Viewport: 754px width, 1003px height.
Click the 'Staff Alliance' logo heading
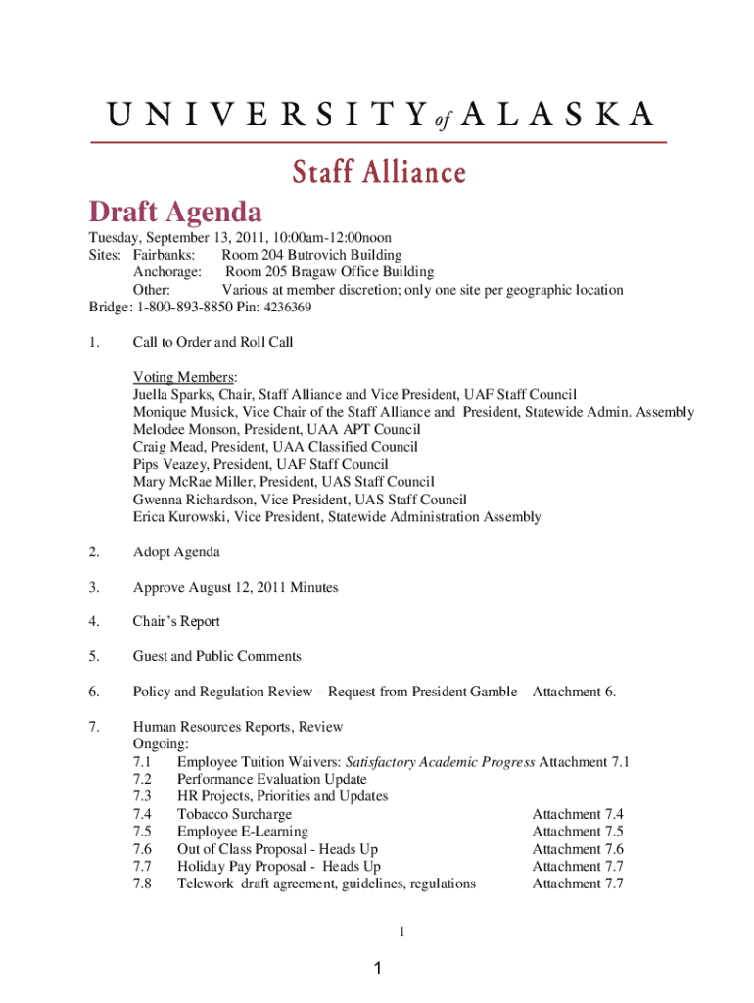pos(378,173)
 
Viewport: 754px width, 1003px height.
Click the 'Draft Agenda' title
pos(175,212)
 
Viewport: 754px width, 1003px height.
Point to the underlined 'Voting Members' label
pos(184,377)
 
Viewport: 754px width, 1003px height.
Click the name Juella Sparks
pos(174,395)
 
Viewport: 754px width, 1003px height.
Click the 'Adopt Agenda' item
pos(176,552)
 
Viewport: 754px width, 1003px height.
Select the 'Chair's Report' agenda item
pos(176,622)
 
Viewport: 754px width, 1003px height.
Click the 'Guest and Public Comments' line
pos(216,657)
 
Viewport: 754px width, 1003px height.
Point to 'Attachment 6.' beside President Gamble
pos(574,693)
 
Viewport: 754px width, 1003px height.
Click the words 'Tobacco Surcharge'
pos(234,814)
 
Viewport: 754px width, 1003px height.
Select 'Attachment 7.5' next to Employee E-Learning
pos(578,832)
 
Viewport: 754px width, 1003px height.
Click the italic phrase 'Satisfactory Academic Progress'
pos(439,762)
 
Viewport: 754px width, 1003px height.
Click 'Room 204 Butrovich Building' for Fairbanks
pos(311,255)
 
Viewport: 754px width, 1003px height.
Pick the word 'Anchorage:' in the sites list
pos(167,272)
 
